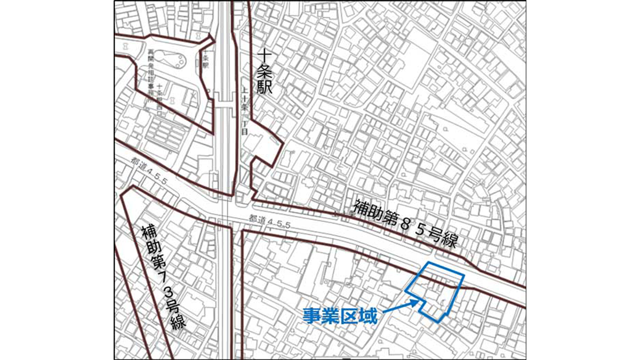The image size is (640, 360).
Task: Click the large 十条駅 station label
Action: click(x=265, y=71)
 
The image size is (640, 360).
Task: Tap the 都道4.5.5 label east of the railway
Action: click(x=270, y=220)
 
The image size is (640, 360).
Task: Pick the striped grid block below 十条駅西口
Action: click(x=165, y=130)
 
